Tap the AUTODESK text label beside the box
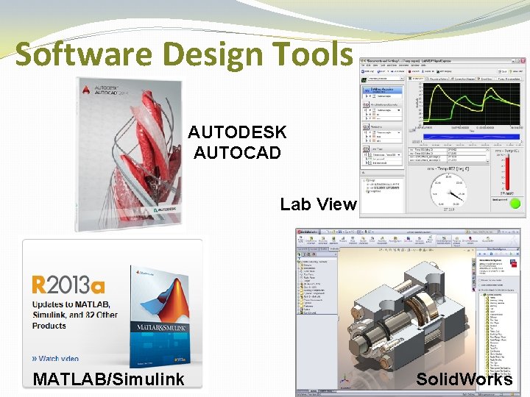237,132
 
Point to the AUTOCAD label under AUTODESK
237,153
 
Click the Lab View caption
318,204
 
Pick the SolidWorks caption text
464,379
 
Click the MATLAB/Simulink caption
109,379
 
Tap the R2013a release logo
68,285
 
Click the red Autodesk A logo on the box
87,90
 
